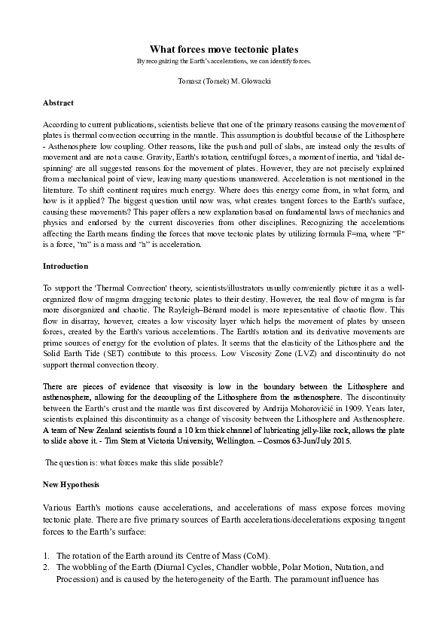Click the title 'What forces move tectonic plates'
click(x=224, y=47)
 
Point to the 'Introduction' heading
click(x=65, y=266)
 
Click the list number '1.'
click(x=46, y=556)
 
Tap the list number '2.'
click(x=46, y=566)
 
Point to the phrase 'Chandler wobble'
click(x=239, y=566)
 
